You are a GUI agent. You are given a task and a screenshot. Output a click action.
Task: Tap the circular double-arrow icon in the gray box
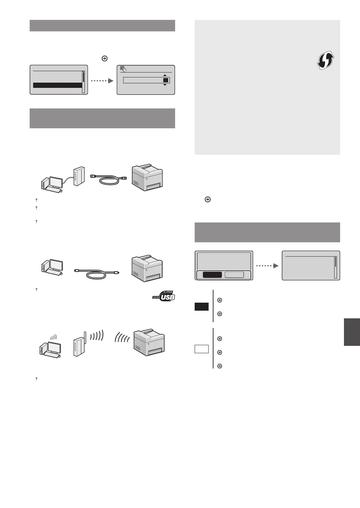click(x=325, y=60)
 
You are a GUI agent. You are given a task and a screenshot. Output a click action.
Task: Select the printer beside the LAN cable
click(x=147, y=177)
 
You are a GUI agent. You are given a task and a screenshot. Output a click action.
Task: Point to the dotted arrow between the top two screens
click(x=102, y=81)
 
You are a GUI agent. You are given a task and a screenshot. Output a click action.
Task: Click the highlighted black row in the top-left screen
click(x=58, y=85)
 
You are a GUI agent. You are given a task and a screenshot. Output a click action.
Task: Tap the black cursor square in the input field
click(x=166, y=80)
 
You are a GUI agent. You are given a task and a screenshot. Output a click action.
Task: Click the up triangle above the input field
click(x=165, y=75)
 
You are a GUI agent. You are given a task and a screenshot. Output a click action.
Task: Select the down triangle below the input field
click(x=165, y=85)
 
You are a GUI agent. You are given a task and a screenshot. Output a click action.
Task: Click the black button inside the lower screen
click(x=212, y=275)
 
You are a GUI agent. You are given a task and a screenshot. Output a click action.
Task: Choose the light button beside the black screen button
click(x=234, y=275)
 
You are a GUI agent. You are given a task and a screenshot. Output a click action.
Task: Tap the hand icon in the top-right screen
click(x=123, y=69)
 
